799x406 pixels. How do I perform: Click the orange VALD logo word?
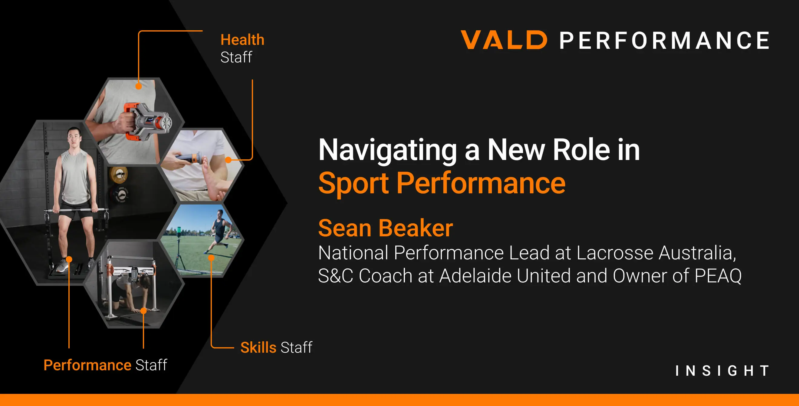click(x=504, y=40)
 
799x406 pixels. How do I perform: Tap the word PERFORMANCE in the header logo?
click(x=665, y=40)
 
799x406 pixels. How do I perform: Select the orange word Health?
click(x=242, y=40)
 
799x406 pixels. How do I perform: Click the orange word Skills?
click(x=258, y=347)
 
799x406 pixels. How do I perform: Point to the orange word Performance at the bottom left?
click(x=87, y=365)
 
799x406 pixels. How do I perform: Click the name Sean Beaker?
click(x=386, y=228)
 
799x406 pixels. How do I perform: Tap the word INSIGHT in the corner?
click(x=722, y=371)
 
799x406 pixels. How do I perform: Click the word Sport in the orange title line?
click(x=353, y=183)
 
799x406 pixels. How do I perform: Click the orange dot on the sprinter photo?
click(x=211, y=258)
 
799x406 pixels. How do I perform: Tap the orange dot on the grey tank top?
click(x=139, y=86)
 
